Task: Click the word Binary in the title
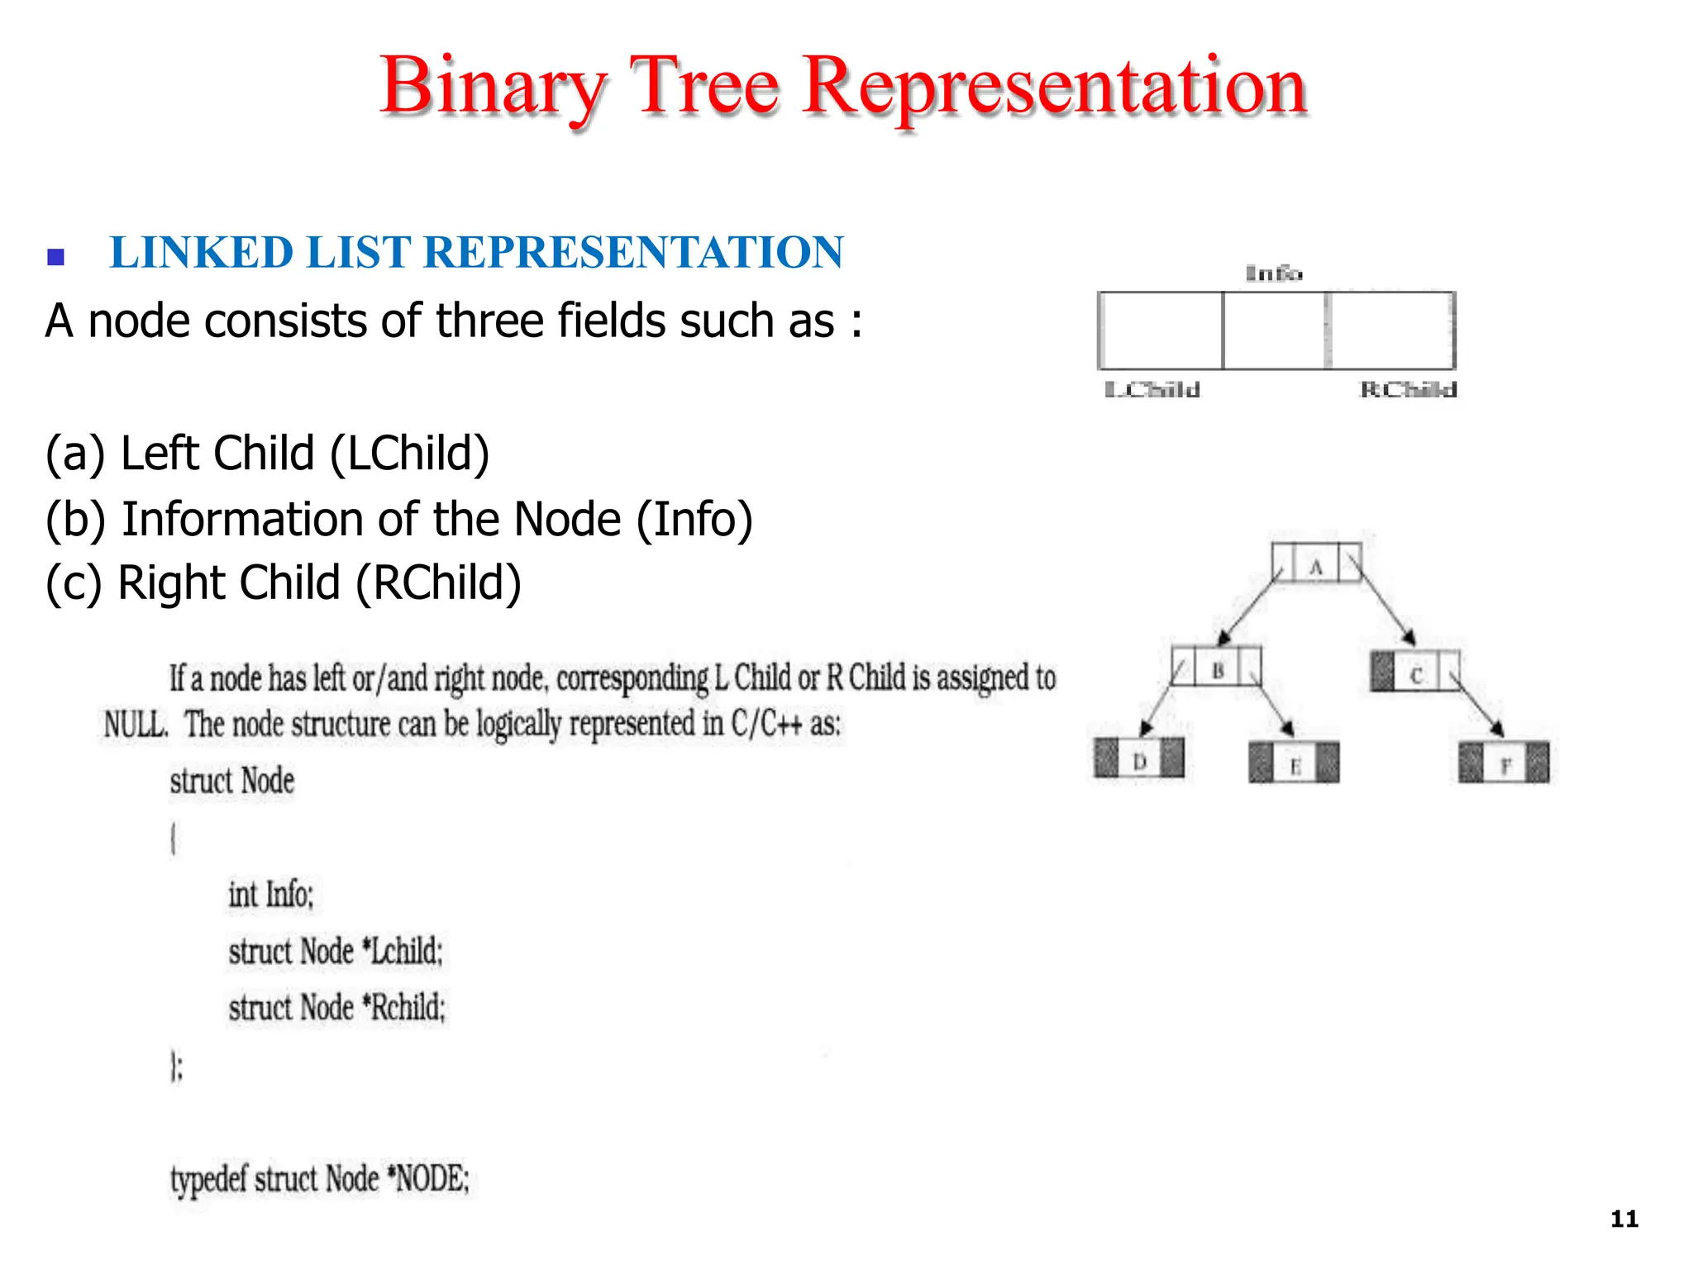tap(493, 87)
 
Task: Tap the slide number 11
tap(1624, 1219)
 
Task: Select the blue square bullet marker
tap(56, 257)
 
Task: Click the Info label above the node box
tap(1273, 273)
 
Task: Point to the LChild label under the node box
tap(1152, 390)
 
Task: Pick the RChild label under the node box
tap(1408, 390)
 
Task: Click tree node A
tap(1316, 564)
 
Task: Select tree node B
tap(1217, 668)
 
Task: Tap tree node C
tap(1415, 672)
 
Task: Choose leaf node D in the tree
tap(1139, 758)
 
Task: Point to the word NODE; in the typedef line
tap(431, 1178)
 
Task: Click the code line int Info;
tap(271, 895)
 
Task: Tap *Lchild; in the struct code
tap(403, 951)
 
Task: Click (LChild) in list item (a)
tap(410, 454)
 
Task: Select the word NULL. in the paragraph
tap(136, 725)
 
